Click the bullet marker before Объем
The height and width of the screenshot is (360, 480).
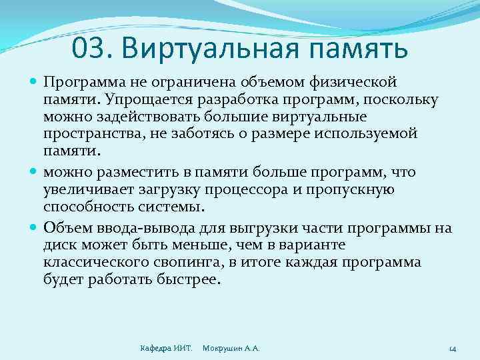[x=35, y=228]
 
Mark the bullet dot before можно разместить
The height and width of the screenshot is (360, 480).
[x=35, y=173]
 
